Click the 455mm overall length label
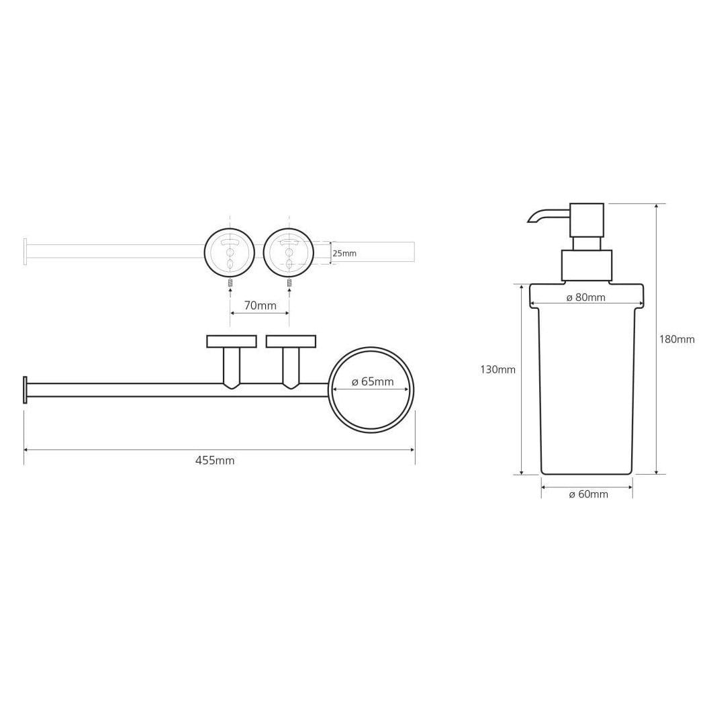(x=215, y=461)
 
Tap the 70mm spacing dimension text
(x=260, y=305)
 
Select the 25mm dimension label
(x=344, y=253)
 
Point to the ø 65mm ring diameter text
(x=373, y=381)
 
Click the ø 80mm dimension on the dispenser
(x=585, y=297)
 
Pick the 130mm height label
(x=498, y=370)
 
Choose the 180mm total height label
(x=677, y=339)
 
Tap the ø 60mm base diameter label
(x=588, y=494)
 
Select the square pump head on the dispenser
(x=587, y=220)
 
